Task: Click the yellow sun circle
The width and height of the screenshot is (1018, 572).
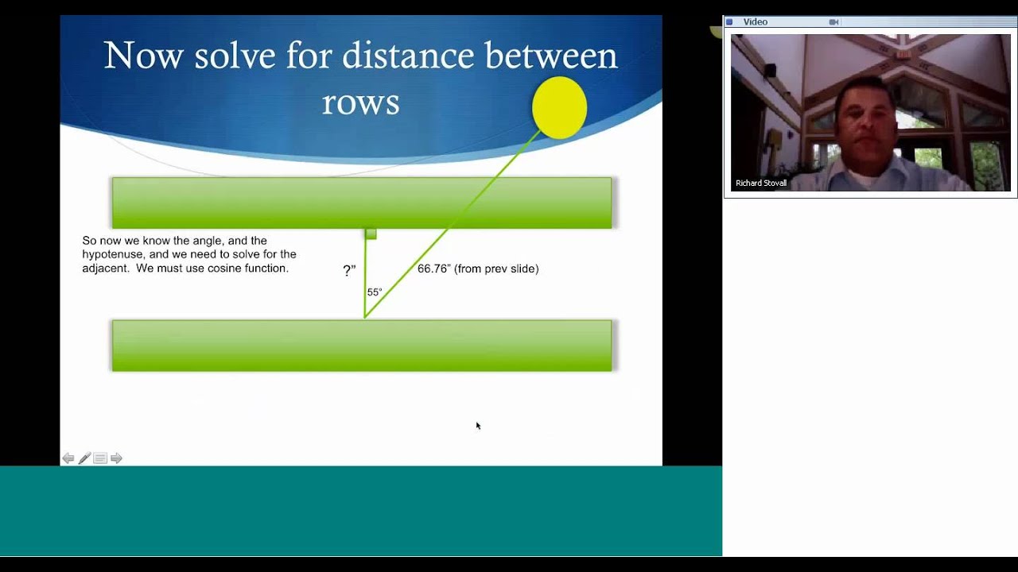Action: pyautogui.click(x=559, y=108)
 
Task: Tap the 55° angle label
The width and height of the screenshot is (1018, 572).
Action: pyautogui.click(x=375, y=292)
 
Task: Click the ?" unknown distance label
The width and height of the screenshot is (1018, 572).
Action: pyautogui.click(x=349, y=271)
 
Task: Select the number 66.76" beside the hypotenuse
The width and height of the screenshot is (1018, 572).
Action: pyautogui.click(x=433, y=269)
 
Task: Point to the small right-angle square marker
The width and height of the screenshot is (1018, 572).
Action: pyautogui.click(x=371, y=234)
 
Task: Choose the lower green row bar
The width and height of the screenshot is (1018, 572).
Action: pyautogui.click(x=362, y=346)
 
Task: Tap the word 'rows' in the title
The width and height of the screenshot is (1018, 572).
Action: pyautogui.click(x=360, y=102)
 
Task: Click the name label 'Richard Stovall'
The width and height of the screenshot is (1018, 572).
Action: pyautogui.click(x=761, y=183)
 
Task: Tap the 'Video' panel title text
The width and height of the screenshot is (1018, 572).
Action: pyautogui.click(x=756, y=22)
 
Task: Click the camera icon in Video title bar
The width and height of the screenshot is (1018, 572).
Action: pyautogui.click(x=833, y=22)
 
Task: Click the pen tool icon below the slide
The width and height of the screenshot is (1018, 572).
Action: pyautogui.click(x=84, y=458)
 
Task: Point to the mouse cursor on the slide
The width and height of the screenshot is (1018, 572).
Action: pyautogui.click(x=478, y=426)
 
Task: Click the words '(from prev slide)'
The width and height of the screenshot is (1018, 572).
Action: pyautogui.click(x=496, y=269)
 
